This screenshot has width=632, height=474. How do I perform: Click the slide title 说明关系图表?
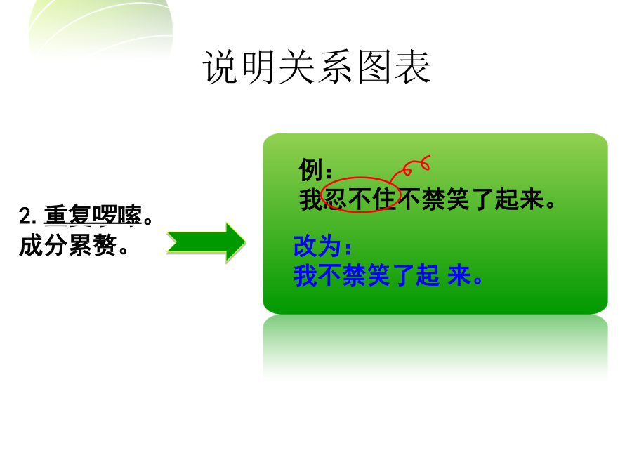317,67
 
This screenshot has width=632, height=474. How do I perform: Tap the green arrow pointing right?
206,243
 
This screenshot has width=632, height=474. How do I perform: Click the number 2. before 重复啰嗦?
27,216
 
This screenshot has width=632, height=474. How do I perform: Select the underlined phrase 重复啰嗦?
93,214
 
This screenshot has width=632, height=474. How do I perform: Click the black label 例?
315,169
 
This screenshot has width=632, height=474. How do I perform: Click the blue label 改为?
322,246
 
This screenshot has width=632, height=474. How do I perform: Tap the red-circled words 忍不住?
360,199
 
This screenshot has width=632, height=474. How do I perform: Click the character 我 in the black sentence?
311,199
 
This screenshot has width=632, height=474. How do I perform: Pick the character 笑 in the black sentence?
458,199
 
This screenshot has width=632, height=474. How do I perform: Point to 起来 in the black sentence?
519,199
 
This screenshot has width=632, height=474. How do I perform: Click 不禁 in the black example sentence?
421,199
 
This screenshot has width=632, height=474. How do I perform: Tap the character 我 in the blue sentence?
305,276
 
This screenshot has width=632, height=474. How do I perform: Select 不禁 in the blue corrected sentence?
343,276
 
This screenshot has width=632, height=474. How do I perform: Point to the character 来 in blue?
459,276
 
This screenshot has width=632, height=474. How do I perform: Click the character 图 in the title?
374,67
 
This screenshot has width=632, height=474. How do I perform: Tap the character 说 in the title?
220,67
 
